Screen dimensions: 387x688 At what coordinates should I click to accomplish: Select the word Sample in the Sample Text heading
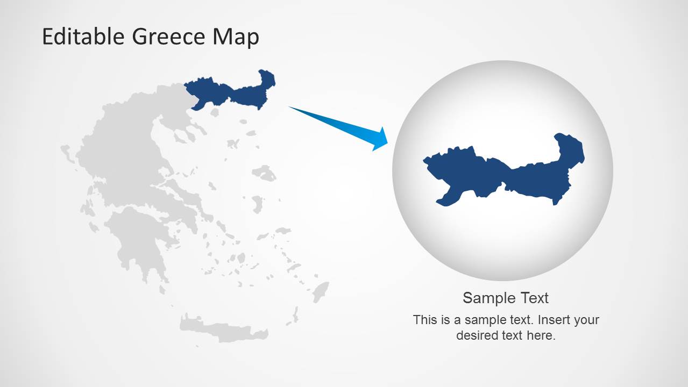(483, 298)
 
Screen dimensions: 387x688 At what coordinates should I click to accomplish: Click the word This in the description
(425, 320)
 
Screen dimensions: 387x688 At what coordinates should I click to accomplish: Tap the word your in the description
(586, 320)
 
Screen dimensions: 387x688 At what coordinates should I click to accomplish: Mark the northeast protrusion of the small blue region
(267, 78)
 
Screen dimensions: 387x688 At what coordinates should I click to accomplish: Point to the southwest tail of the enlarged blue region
(445, 199)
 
